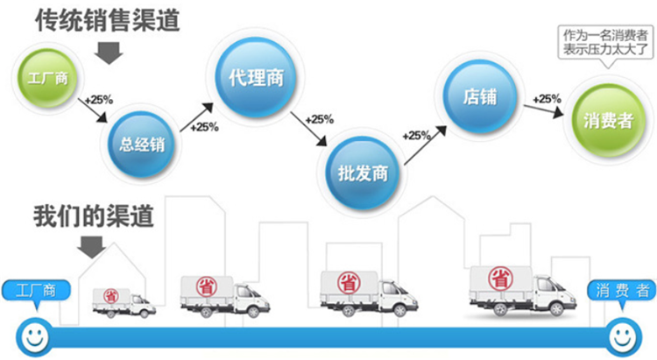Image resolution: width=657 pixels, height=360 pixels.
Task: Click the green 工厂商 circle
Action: pos(47,78)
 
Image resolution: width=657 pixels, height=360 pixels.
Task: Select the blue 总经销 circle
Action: pos(141,145)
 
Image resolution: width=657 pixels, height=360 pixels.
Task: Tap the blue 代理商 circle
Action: pos(256,77)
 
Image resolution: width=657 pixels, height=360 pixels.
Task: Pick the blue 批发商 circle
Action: pos(363,173)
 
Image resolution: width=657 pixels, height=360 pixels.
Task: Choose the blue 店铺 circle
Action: pos(480,96)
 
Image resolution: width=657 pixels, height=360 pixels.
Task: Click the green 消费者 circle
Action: pos(609,121)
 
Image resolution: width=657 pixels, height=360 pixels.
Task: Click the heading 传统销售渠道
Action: pos(108,19)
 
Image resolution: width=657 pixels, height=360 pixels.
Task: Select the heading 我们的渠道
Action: pos(94,215)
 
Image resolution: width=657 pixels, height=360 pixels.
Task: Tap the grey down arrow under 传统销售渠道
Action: pos(109,53)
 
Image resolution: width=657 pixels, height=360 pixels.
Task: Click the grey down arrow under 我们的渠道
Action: pos(91,247)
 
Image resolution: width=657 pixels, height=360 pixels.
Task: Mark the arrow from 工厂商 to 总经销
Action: pos(93,110)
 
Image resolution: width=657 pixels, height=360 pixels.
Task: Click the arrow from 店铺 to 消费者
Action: pos(543,109)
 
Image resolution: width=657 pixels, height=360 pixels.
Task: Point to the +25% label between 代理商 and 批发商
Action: pos(319,120)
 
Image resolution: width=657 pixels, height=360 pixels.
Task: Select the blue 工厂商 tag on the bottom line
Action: pos(36,291)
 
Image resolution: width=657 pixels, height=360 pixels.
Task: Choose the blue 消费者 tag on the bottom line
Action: pos(622,291)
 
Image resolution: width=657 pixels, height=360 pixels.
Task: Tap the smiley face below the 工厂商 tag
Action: pos(35,337)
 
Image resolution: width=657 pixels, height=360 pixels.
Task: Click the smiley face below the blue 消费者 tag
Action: pos(623,337)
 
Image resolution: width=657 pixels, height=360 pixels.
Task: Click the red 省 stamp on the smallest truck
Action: pos(111,296)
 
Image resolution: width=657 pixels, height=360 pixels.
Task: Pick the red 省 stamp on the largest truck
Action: pos(500,279)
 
